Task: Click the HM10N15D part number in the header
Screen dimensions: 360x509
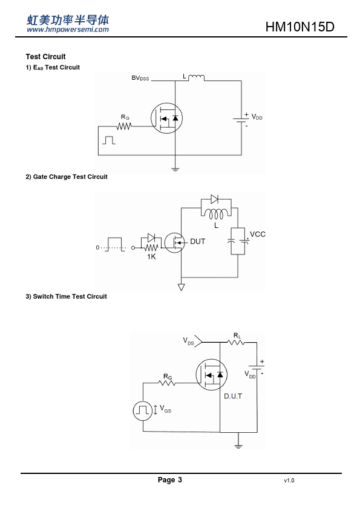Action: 299,27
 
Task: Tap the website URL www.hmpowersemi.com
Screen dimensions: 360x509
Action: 68,30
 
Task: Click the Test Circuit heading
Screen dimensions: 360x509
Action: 45,57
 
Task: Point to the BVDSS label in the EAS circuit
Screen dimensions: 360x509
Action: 140,78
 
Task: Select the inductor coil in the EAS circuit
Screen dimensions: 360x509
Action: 196,77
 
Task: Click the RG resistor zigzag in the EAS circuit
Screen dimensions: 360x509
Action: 124,126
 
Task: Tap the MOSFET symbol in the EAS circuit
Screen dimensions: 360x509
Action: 166,118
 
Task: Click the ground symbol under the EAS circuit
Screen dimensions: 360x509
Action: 175,169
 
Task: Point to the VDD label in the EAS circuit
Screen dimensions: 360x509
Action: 257,117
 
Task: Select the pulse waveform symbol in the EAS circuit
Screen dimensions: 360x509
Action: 108,140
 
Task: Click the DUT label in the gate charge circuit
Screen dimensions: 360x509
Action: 197,242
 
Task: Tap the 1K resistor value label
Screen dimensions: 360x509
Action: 151,257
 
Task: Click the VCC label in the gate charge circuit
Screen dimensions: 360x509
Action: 258,235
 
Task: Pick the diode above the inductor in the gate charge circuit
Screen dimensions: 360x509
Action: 214,199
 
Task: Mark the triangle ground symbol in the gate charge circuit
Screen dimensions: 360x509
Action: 182,287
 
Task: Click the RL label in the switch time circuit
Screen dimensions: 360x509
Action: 237,336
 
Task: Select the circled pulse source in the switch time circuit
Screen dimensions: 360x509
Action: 143,410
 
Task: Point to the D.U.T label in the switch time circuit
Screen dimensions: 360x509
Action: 233,396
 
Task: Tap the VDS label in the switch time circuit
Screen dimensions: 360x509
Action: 188,341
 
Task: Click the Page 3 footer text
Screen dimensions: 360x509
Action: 170,480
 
